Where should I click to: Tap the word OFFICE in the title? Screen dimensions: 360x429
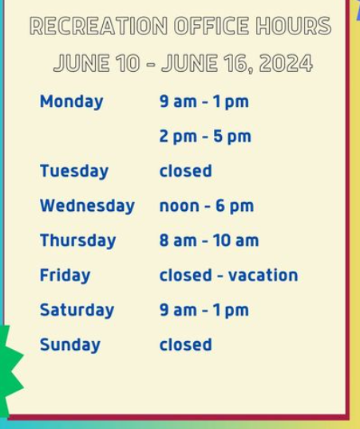click(212, 26)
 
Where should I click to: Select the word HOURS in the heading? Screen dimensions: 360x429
click(294, 26)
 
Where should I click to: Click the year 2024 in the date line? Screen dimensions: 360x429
click(286, 63)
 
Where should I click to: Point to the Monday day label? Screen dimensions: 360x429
click(72, 102)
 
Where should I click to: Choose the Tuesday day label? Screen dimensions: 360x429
click(74, 172)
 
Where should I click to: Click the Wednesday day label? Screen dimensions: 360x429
click(87, 206)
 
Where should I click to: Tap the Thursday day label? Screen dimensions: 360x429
click(78, 240)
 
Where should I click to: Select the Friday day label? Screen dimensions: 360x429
click(65, 276)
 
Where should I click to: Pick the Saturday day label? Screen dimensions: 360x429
click(77, 310)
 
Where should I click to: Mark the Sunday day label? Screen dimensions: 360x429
click(70, 345)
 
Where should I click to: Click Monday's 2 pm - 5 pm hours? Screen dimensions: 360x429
click(205, 137)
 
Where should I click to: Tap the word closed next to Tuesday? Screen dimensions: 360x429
click(186, 171)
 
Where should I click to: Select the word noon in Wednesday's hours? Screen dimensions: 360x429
click(179, 206)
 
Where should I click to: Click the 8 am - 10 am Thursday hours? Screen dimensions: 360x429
click(209, 240)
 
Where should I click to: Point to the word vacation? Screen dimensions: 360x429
click(263, 276)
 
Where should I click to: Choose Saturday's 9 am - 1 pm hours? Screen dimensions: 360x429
click(204, 310)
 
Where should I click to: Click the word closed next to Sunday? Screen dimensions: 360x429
click(186, 344)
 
